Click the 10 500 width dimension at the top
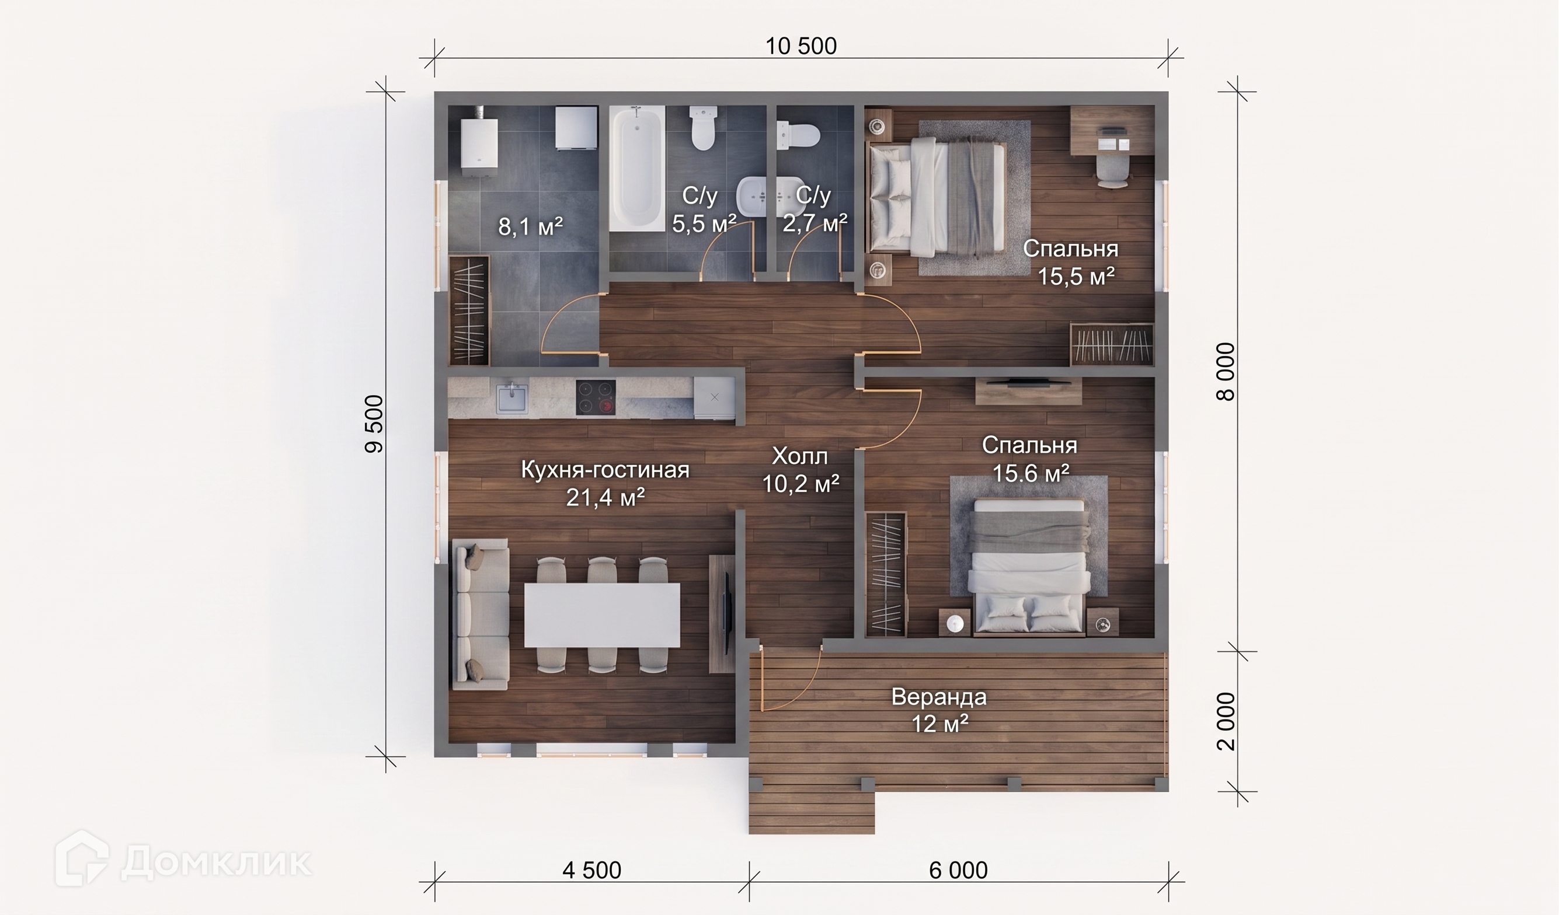[x=801, y=46]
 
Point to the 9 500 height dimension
[x=375, y=424]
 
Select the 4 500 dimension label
[x=591, y=871]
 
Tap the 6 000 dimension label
[x=958, y=871]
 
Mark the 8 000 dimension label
[x=1226, y=372]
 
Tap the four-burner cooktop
[x=596, y=397]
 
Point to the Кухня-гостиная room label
[x=605, y=469]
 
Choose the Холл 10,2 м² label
[x=800, y=470]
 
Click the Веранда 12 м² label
[x=939, y=709]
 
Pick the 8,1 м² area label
[x=530, y=226]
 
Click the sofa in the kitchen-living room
[x=481, y=613]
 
